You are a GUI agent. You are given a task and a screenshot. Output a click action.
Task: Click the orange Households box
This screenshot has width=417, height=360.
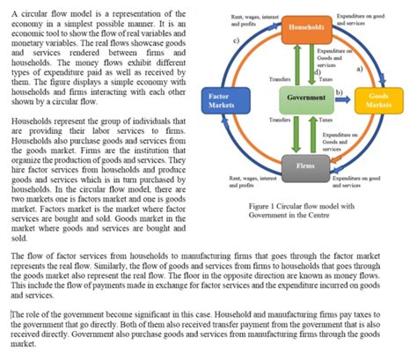coord(304,27)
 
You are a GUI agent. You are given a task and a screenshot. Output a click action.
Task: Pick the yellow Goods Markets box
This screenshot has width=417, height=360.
coord(380,99)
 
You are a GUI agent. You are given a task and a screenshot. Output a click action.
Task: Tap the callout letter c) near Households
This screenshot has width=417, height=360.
coord(236,41)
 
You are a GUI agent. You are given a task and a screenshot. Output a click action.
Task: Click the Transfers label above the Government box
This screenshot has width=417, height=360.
coord(280,78)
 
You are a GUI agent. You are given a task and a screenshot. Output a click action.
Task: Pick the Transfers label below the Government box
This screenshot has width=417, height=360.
coord(280,118)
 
